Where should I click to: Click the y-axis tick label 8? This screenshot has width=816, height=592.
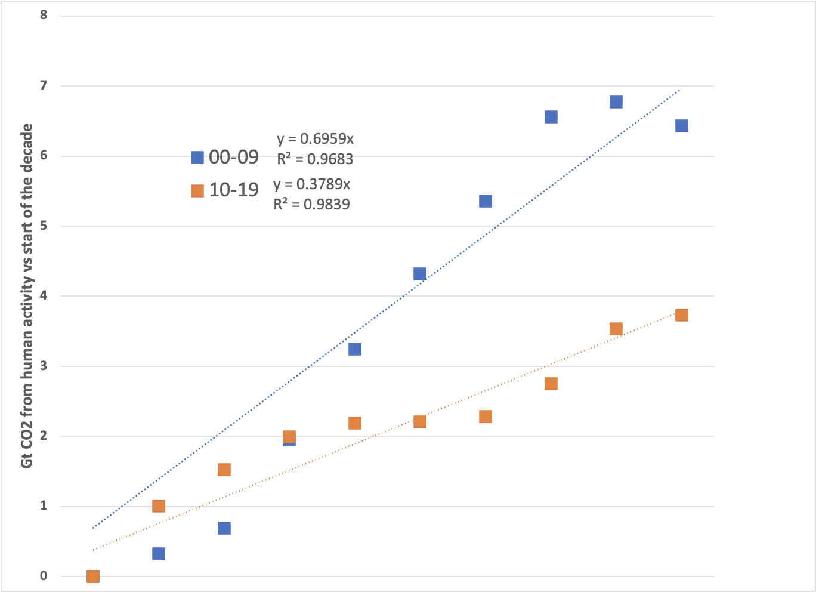click(44, 14)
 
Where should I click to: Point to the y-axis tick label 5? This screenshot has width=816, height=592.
click(44, 226)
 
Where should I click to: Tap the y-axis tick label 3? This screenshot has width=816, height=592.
click(44, 366)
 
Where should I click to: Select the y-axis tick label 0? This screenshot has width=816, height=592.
click(44, 576)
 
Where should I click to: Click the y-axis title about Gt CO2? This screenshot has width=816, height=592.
click(27, 304)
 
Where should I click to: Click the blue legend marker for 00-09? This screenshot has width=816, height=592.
click(197, 158)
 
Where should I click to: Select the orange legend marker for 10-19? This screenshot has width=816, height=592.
click(197, 191)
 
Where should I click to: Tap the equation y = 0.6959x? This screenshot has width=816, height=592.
click(315, 139)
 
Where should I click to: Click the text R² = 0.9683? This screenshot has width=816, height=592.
click(315, 159)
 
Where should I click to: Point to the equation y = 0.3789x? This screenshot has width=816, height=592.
click(311, 184)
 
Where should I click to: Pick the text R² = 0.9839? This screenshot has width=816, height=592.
click(311, 204)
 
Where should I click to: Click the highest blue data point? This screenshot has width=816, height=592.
click(616, 102)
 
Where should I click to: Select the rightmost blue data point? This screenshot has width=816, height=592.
click(682, 126)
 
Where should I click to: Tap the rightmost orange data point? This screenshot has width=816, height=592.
click(682, 315)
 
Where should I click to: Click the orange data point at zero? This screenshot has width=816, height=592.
click(93, 576)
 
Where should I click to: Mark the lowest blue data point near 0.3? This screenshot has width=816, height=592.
click(159, 554)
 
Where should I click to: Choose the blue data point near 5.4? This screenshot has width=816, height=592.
click(486, 201)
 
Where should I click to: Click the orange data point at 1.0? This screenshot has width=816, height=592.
click(159, 506)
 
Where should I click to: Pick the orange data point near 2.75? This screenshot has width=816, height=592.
click(551, 384)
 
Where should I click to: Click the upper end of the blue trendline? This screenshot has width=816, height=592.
click(679, 91)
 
